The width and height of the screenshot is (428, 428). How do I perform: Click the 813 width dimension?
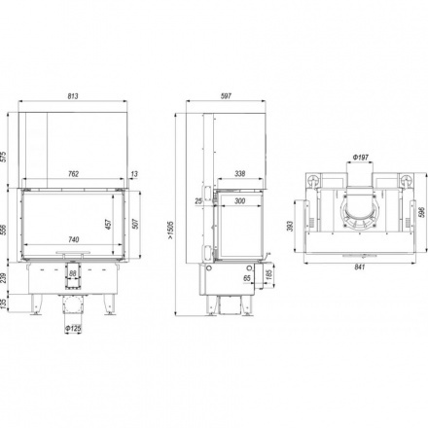[x=73, y=96]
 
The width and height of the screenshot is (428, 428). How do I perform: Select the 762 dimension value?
[x=74, y=174]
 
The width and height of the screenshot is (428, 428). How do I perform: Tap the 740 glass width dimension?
[x=74, y=239]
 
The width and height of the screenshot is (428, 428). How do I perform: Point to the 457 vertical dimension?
[x=108, y=224]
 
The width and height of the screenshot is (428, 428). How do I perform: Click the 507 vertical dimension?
[x=135, y=224]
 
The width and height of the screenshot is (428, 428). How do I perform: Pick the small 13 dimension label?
[x=134, y=174]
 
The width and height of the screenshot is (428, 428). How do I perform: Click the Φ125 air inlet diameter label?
[x=73, y=329]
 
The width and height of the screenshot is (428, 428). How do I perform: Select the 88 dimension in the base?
[x=73, y=273]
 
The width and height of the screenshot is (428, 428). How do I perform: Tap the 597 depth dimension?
[x=226, y=96]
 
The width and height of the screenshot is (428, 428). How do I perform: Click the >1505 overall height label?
[x=170, y=231]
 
